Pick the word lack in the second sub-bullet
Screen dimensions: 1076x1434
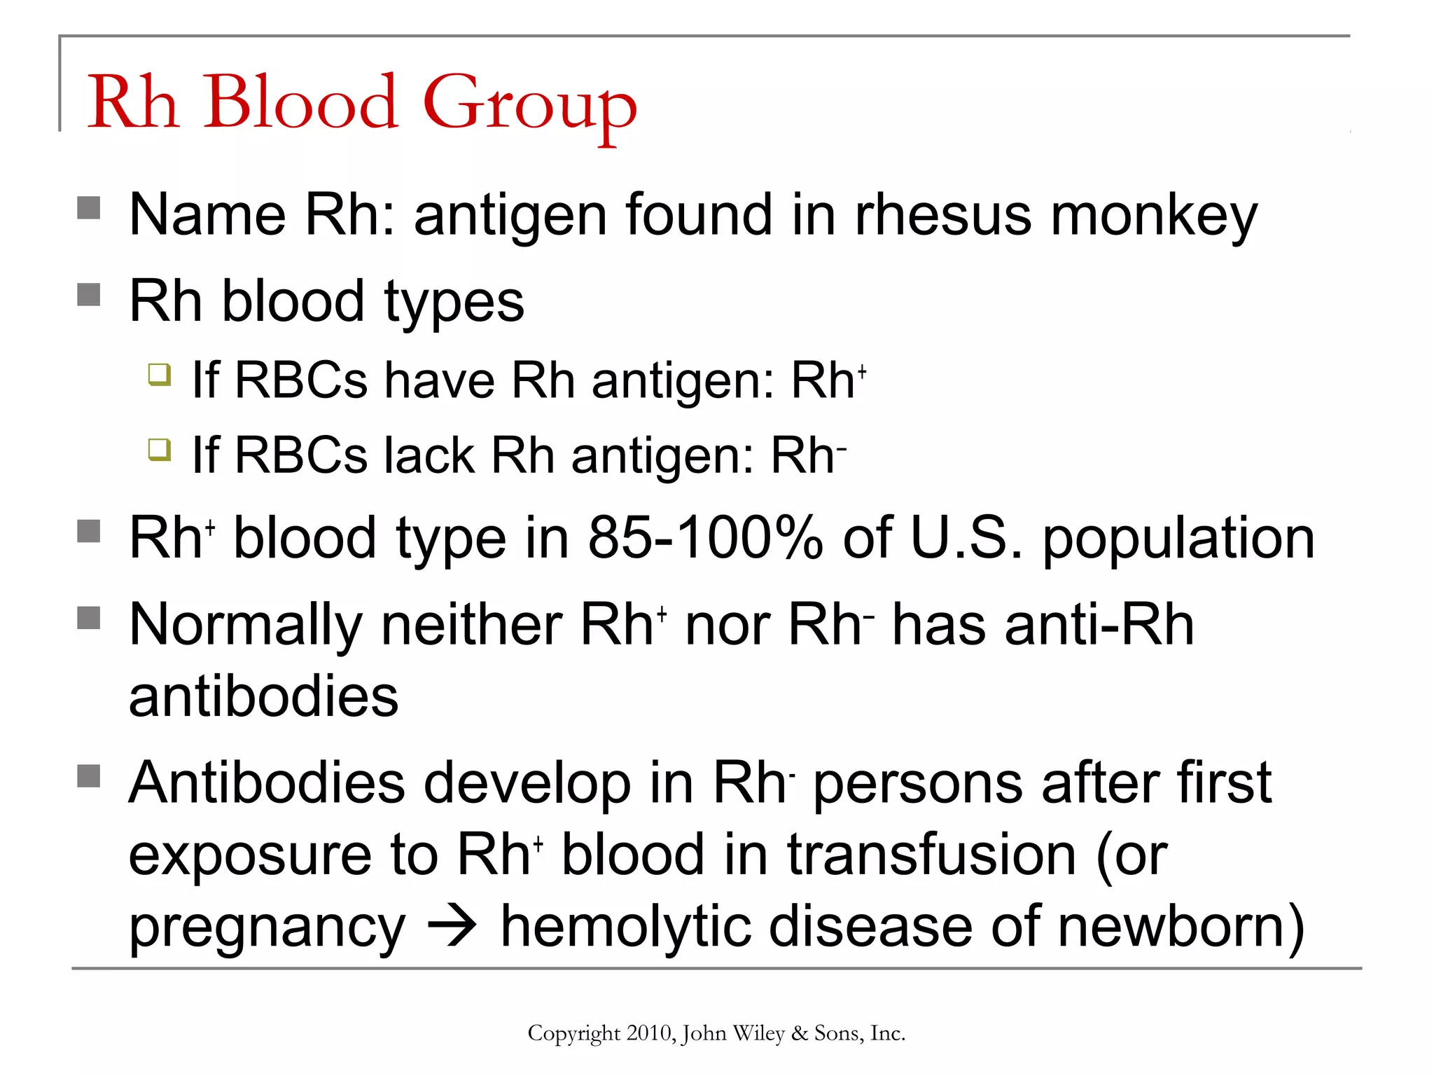point(429,455)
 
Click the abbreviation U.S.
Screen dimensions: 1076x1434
point(966,538)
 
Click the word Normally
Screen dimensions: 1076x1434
point(246,626)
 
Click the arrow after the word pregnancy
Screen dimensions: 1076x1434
point(453,927)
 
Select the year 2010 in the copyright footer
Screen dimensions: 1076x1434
point(650,1033)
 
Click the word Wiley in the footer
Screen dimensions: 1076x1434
point(758,1033)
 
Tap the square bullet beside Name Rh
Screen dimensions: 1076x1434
point(89,208)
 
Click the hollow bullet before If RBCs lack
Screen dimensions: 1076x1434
point(160,449)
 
